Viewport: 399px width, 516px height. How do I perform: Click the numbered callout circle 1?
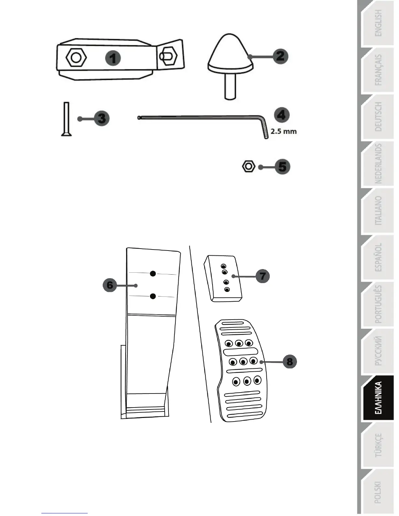point(113,59)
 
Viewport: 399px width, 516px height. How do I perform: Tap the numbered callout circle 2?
point(280,56)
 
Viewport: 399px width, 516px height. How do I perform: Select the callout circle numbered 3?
point(102,118)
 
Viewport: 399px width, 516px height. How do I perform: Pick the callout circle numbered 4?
point(281,115)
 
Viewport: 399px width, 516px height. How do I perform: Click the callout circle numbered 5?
point(282,167)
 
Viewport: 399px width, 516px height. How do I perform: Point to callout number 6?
point(110,285)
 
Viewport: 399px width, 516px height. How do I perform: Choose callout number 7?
point(262,276)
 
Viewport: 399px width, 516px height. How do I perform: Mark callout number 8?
point(289,361)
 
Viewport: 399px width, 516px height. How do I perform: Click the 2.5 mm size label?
point(284,132)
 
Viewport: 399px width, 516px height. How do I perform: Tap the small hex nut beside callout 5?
point(249,166)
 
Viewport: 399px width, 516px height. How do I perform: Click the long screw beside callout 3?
point(66,119)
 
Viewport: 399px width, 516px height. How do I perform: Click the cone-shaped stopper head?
point(230,52)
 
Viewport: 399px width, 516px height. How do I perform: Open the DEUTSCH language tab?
point(378,117)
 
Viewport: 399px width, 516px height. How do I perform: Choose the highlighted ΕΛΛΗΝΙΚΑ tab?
point(378,398)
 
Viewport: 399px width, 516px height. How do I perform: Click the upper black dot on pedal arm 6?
point(153,274)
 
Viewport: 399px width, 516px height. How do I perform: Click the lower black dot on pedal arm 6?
point(153,296)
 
